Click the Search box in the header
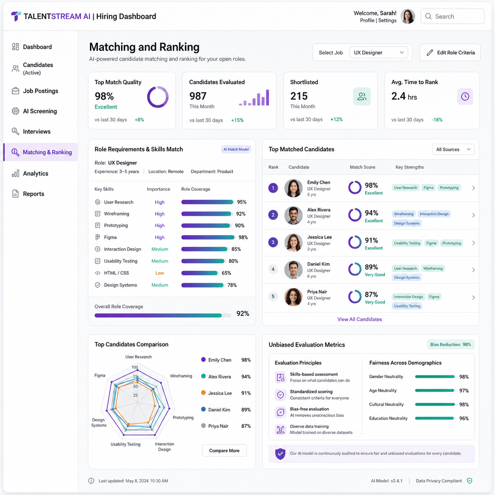[452, 17]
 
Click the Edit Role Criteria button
[450, 52]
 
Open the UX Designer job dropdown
[379, 52]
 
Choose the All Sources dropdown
[453, 149]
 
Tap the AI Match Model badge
[236, 149]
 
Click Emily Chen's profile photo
[293, 188]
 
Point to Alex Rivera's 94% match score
[371, 213]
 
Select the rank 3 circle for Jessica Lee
[273, 242]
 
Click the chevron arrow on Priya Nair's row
[473, 298]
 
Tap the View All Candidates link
[359, 319]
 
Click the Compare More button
[224, 450]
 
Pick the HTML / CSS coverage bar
[200, 273]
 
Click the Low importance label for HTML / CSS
[159, 273]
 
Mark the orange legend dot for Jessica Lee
[203, 393]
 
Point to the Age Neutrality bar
[435, 390]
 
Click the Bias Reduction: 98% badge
[450, 345]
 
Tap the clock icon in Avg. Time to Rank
[465, 97]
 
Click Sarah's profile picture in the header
[408, 17]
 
